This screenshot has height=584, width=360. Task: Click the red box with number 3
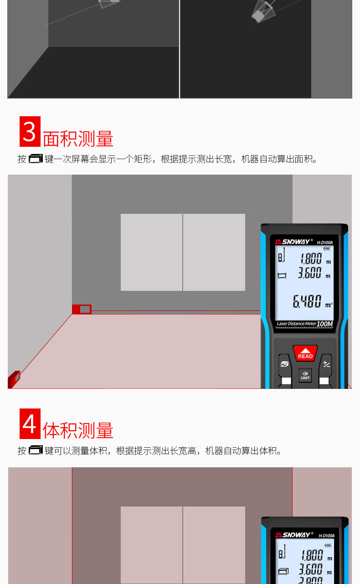tap(30, 131)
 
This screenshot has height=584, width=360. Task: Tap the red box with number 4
tap(30, 424)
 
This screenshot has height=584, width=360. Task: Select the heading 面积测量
tap(78, 139)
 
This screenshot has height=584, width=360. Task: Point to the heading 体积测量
tap(78, 430)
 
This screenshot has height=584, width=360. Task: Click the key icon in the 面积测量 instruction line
tap(35, 159)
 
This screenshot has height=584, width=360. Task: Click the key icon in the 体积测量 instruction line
tap(35, 450)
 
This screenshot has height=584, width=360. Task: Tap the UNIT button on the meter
tap(305, 375)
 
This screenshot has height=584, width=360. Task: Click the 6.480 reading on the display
tap(307, 301)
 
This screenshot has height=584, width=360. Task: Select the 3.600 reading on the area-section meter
tap(310, 274)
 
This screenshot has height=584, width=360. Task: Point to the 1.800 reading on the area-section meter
tap(311, 259)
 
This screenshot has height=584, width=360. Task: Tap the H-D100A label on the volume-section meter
tap(326, 535)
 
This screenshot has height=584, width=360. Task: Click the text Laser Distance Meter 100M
tap(305, 324)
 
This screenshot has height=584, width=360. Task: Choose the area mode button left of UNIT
tap(284, 364)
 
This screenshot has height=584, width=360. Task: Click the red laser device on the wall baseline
tap(82, 310)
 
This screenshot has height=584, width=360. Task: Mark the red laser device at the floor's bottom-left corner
tap(14, 379)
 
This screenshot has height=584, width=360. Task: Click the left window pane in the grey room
tap(151, 252)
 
